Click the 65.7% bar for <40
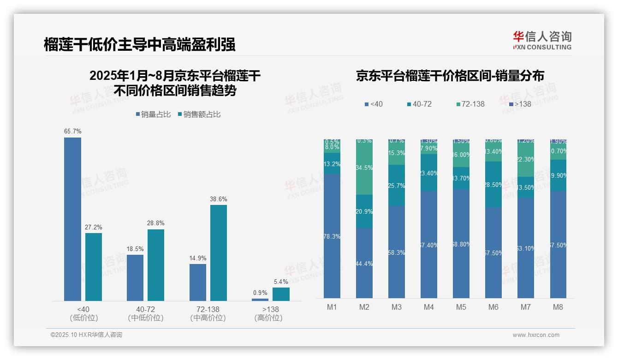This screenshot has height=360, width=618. coord(72,219)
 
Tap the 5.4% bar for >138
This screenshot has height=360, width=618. coord(281,294)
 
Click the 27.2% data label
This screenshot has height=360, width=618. coord(93,227)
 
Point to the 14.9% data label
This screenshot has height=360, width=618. coord(198,258)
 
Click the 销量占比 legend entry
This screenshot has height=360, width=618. coord(153,114)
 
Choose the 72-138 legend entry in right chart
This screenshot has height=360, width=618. coord(470,104)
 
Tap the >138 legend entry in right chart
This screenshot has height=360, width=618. coord(520,104)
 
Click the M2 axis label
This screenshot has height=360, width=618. coord(364,307)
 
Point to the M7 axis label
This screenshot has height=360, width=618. coord(526,307)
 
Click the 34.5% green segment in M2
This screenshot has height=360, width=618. coord(364,168)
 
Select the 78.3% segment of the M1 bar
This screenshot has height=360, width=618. coord(332,236)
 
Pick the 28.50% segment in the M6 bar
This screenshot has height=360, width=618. coord(493,185)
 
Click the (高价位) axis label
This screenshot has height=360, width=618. coord(268,318)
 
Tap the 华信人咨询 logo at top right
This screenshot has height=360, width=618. coord(542,40)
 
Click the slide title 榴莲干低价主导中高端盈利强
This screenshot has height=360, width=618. coord(139,44)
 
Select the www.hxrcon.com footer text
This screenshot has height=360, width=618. coord(536,335)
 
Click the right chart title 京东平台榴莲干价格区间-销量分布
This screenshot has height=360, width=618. coord(450,76)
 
